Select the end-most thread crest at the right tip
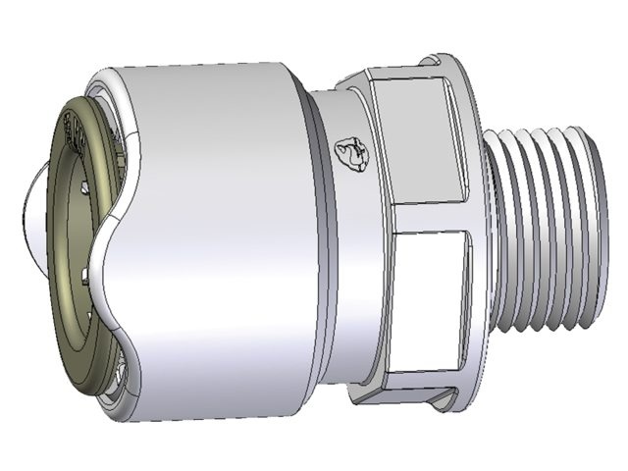pos(588,235)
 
